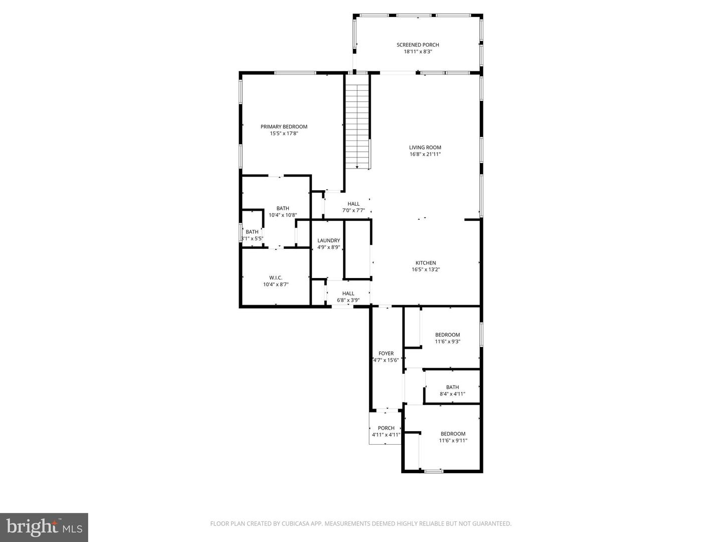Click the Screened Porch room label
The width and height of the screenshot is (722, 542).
click(418, 45)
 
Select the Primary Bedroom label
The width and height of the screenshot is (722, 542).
click(284, 127)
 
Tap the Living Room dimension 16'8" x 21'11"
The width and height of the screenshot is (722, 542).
click(425, 155)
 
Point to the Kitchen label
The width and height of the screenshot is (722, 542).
click(426, 263)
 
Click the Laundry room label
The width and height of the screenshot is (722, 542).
click(328, 241)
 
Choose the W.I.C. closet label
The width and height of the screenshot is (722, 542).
click(276, 278)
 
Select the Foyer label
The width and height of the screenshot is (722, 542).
click(386, 353)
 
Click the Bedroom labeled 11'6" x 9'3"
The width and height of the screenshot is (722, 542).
click(447, 338)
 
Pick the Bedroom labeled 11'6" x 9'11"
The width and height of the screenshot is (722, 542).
click(453, 437)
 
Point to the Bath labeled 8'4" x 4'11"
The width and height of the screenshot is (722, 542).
click(452, 390)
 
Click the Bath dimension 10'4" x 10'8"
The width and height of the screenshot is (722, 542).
click(282, 215)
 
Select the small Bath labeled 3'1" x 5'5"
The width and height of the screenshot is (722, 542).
click(252, 235)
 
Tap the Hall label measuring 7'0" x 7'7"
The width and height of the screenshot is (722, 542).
click(353, 207)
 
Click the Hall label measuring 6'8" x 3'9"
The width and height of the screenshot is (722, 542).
click(348, 297)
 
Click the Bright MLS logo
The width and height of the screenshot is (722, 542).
click(44, 527)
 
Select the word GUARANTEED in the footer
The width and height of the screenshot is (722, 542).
click(492, 524)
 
